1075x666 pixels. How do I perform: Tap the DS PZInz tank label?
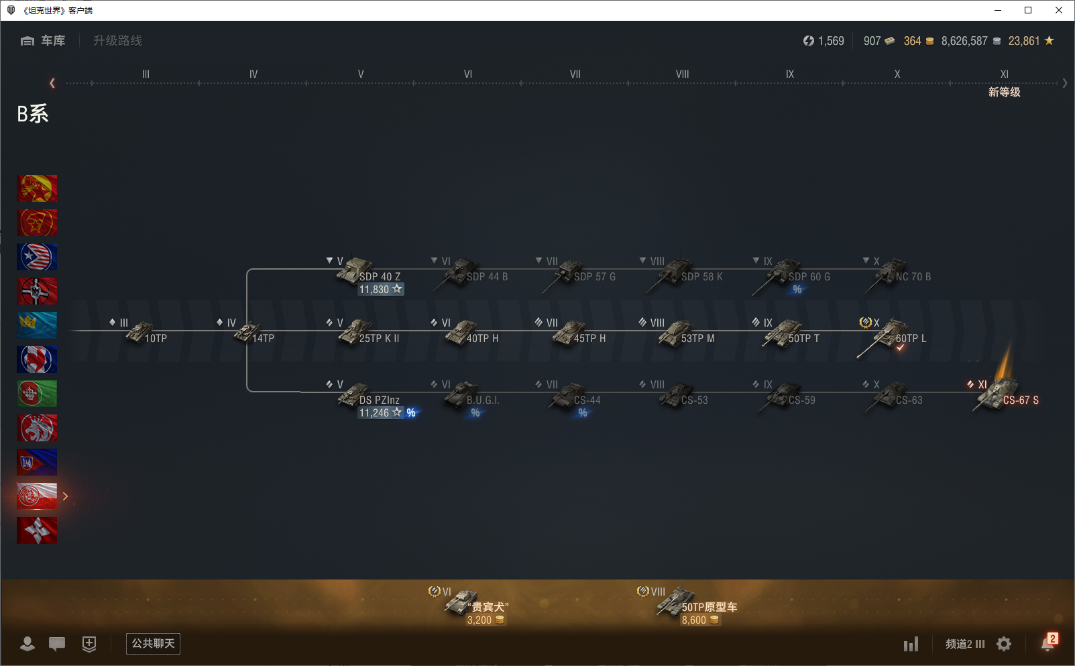pos(379,400)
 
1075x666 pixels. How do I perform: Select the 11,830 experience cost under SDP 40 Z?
pos(374,290)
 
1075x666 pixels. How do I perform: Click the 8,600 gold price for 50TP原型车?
pos(694,620)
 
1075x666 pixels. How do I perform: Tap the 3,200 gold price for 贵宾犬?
pos(479,620)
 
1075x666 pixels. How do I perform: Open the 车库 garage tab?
pos(43,41)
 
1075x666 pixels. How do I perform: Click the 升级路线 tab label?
pos(117,41)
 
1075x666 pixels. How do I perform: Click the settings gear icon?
pos(1004,644)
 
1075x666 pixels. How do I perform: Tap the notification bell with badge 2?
pos(1048,643)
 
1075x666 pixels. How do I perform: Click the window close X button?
pos(1059,10)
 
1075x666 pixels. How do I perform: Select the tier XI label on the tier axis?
pos(1004,74)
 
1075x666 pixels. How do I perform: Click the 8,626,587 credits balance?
pos(964,41)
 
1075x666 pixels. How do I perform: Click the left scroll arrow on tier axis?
pos(52,83)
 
